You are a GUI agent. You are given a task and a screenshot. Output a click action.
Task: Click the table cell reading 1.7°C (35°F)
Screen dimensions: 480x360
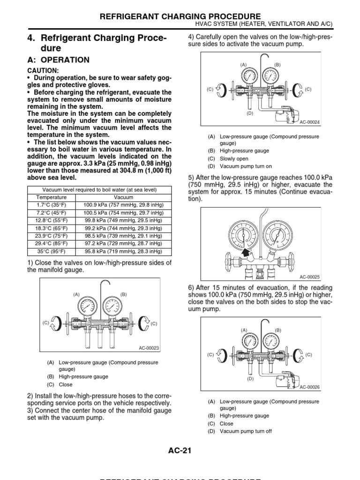tap(52, 205)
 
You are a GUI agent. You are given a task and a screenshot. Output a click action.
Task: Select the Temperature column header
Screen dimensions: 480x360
tap(52, 197)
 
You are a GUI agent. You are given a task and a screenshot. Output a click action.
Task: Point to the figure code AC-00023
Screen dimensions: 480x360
tap(149, 348)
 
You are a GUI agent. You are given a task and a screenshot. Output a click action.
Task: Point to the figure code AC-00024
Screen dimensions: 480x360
tap(309, 122)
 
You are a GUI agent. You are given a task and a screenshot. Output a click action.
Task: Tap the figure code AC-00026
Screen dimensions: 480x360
tap(309, 387)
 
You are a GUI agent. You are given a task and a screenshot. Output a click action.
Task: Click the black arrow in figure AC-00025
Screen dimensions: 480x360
tap(245, 253)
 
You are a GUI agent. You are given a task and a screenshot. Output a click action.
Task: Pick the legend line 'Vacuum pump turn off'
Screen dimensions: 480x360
tap(245, 431)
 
